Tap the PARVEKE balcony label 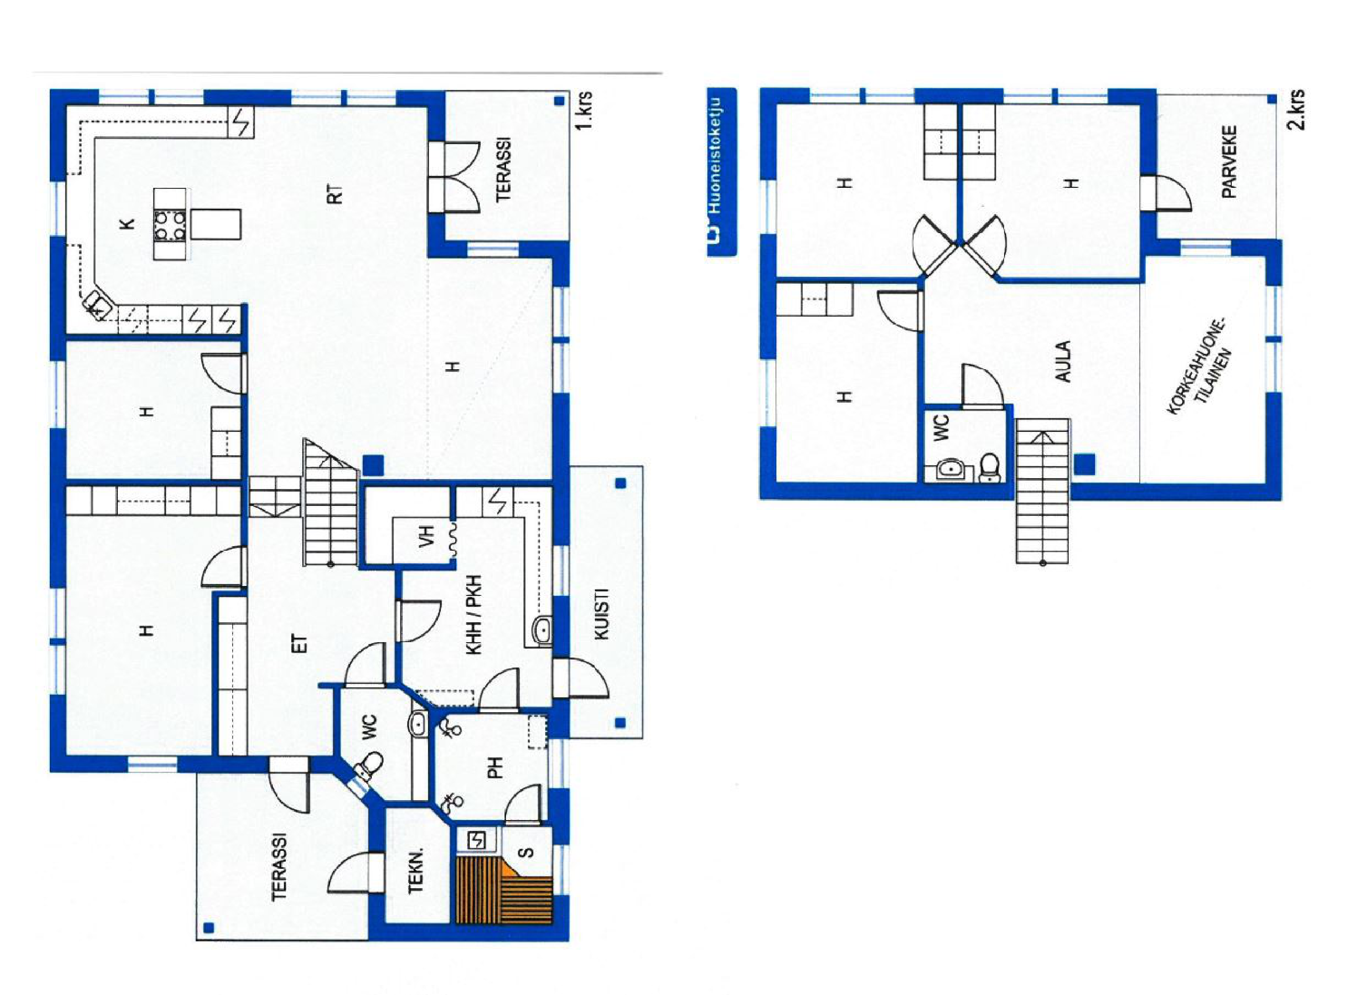tap(1229, 162)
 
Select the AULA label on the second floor tap(1064, 361)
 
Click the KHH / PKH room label tap(474, 615)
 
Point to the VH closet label tap(426, 536)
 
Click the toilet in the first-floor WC tap(369, 764)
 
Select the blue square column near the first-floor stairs tap(373, 464)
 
